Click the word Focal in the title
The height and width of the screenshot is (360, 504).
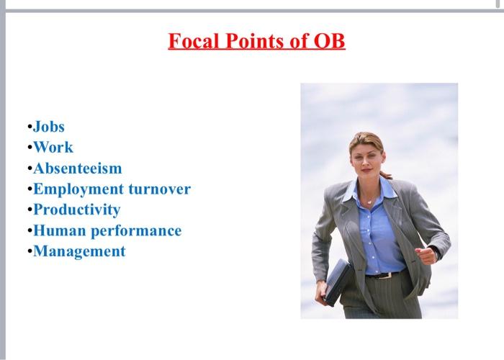pyautogui.click(x=194, y=41)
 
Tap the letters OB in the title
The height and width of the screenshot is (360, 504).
pyautogui.click(x=328, y=41)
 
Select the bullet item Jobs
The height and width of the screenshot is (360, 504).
pyautogui.click(x=49, y=127)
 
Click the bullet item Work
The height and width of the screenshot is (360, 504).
pyautogui.click(x=53, y=148)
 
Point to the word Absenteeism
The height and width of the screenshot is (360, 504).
pyautogui.click(x=78, y=168)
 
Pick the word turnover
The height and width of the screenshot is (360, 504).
pyautogui.click(x=159, y=189)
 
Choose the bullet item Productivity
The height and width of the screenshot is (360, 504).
pyautogui.click(x=76, y=210)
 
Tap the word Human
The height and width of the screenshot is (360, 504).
pyautogui.click(x=60, y=230)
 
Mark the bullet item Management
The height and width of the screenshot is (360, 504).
pyautogui.click(x=79, y=251)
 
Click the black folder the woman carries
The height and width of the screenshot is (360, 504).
pyautogui.click(x=337, y=281)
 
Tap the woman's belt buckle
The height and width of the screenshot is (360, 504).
pyautogui.click(x=382, y=274)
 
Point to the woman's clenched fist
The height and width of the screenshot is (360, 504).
pyautogui.click(x=429, y=254)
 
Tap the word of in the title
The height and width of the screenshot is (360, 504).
pyautogui.click(x=295, y=41)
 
